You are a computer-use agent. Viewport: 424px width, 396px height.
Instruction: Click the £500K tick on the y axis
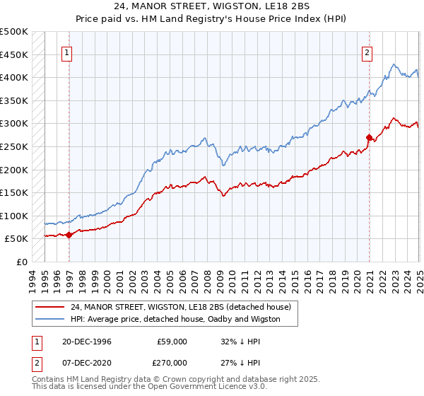tap(14, 32)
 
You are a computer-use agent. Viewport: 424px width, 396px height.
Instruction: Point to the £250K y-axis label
tap(14, 146)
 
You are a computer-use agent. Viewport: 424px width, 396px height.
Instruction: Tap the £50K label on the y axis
tap(17, 239)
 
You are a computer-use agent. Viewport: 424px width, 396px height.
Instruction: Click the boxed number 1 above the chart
tap(66, 52)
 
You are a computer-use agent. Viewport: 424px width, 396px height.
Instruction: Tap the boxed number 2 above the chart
tap(367, 52)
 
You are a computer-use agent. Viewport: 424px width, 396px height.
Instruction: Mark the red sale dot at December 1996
tap(69, 235)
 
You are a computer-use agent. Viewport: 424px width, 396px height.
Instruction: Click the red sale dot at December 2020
tap(369, 137)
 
